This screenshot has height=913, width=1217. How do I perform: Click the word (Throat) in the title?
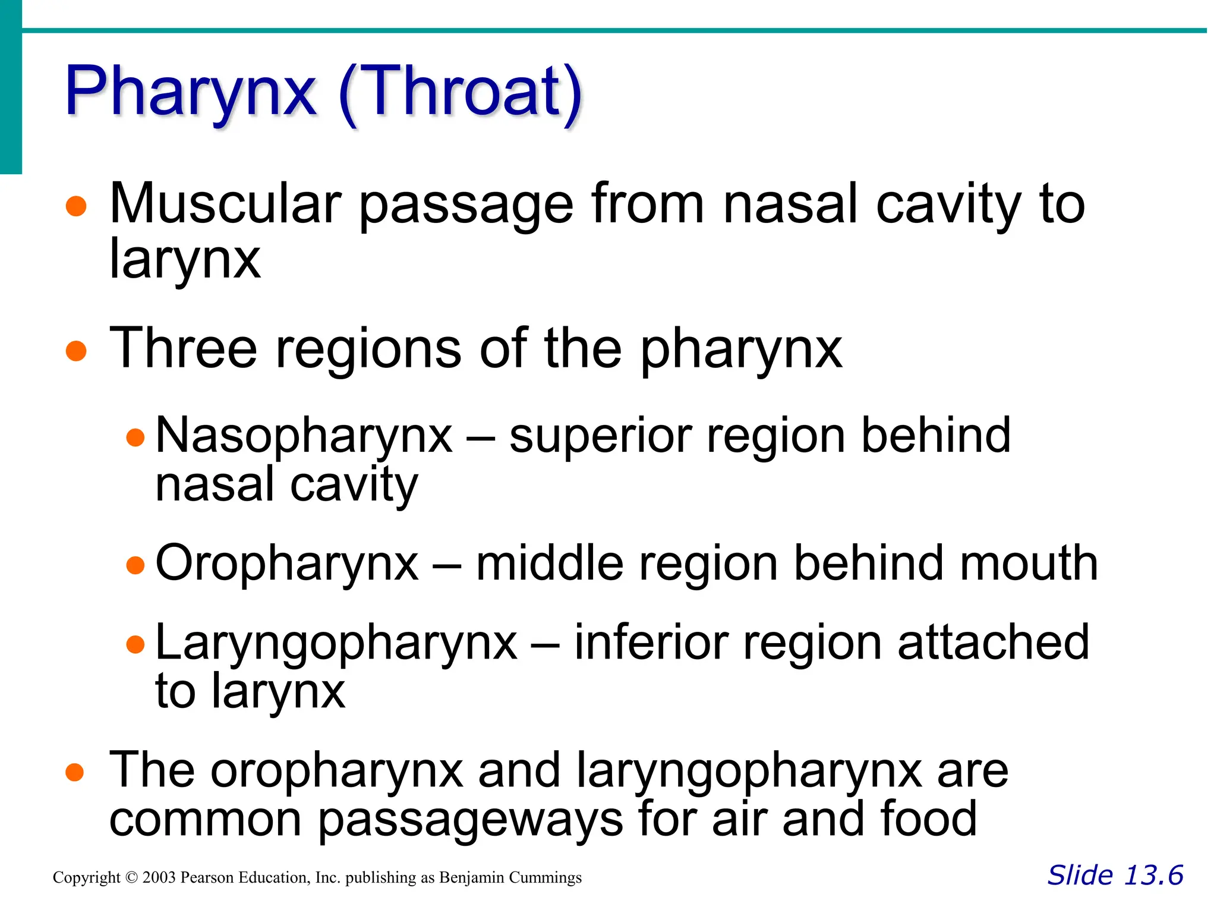coord(461,94)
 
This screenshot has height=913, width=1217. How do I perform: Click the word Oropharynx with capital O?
coord(287,563)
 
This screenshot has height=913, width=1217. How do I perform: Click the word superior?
coord(600,437)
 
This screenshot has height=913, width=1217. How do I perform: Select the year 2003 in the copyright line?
coord(159,878)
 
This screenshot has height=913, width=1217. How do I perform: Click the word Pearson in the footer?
coord(207,878)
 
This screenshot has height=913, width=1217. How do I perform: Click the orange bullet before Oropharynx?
coord(135,565)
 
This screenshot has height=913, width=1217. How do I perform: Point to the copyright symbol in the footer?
coord(131,878)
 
